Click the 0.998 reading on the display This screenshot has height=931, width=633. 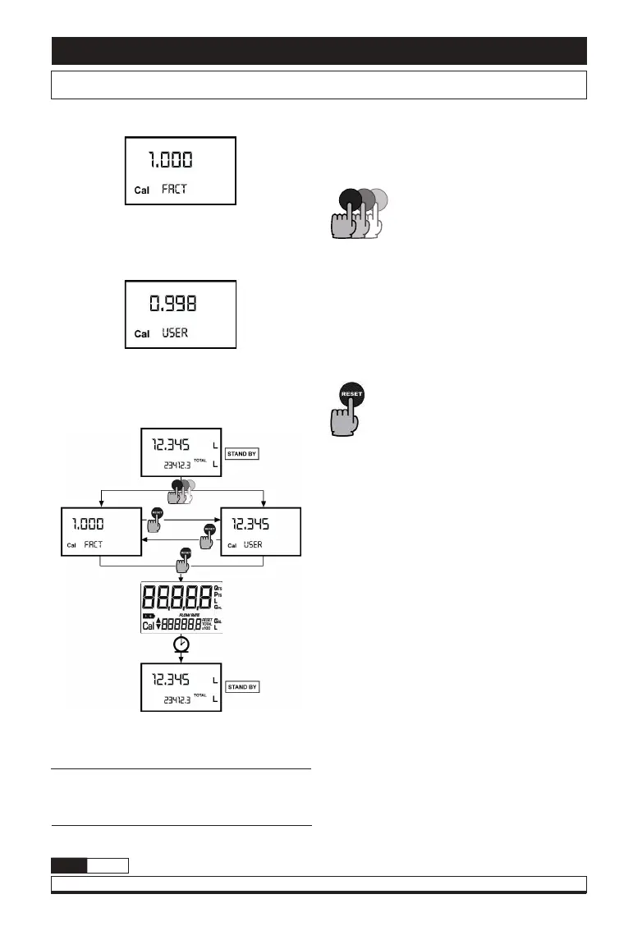point(172,304)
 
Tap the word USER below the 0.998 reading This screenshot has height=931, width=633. point(175,333)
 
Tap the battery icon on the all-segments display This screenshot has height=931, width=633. point(149,614)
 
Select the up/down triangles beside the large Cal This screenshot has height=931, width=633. point(159,624)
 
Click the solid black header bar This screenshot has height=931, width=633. point(319,51)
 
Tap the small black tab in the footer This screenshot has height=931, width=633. point(69,865)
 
